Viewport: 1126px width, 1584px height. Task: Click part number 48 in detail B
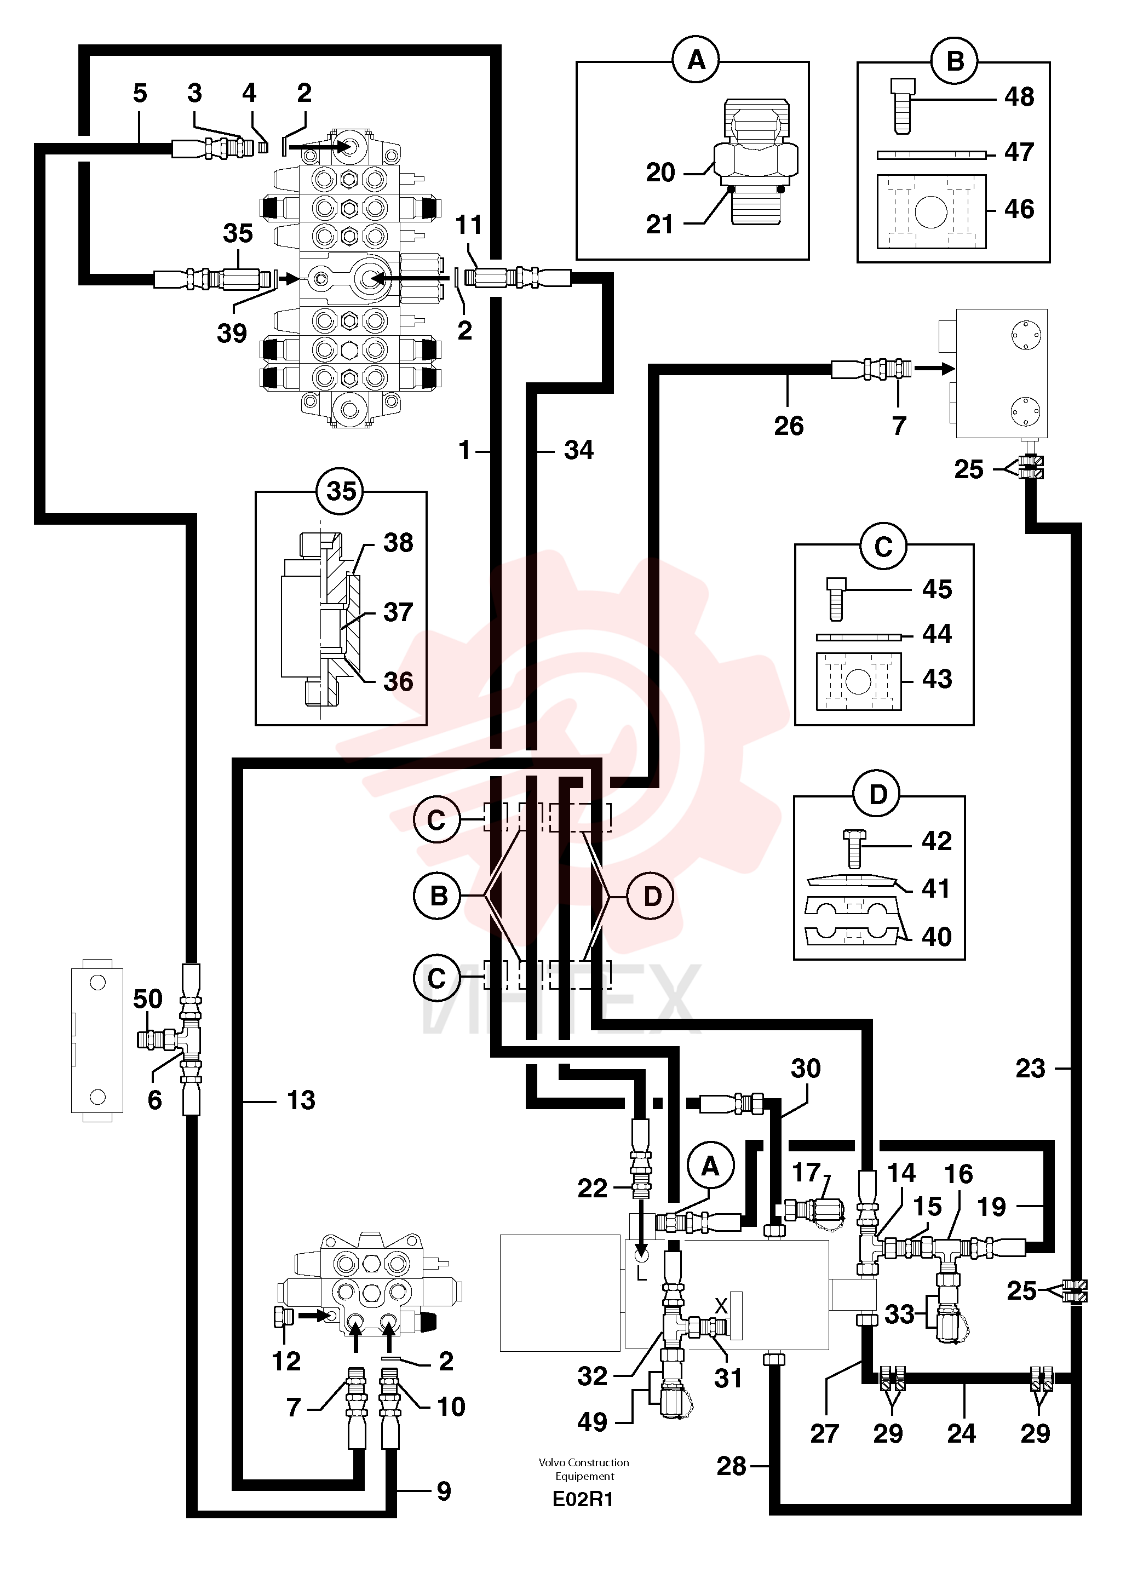(1019, 97)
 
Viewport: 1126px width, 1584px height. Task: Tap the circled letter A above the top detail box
(696, 61)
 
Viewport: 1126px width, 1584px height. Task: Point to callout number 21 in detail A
(659, 225)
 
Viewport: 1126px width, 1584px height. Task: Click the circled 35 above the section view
(341, 491)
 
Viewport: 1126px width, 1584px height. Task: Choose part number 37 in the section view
(398, 612)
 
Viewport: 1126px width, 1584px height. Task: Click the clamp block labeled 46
(931, 211)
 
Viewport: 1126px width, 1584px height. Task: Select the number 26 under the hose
(788, 426)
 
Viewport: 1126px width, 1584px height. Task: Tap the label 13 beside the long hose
(301, 1100)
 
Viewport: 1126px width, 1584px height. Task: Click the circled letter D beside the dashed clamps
(652, 896)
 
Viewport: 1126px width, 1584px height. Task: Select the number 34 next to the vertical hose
(578, 451)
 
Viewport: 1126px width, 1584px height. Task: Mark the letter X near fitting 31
(721, 1306)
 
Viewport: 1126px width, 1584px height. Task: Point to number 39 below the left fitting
(232, 334)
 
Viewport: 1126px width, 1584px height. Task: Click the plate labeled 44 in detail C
(858, 636)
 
